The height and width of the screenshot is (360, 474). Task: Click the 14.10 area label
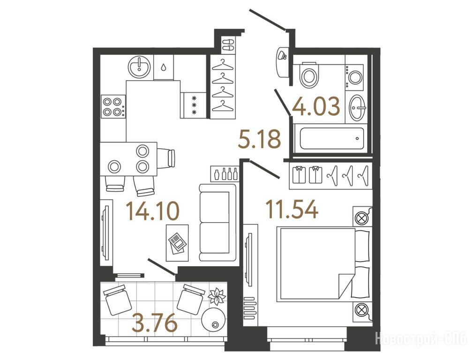tap(153, 211)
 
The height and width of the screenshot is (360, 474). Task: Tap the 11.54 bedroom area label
tap(292, 209)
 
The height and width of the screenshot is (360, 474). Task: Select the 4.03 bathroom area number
tap(316, 106)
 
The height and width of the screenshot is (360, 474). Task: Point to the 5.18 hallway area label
tap(260, 139)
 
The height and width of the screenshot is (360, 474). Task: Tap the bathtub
tap(331, 138)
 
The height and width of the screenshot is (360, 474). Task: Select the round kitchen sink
tap(139, 67)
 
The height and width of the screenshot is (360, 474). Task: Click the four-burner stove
tap(113, 107)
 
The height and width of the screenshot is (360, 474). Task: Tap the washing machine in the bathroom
tap(354, 77)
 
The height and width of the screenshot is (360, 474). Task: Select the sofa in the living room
tap(218, 223)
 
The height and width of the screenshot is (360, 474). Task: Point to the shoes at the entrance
tap(228, 45)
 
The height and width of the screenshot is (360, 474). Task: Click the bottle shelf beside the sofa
tap(224, 173)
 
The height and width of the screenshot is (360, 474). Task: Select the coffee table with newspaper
tap(177, 243)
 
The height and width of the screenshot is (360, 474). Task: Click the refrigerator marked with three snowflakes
tap(194, 105)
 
